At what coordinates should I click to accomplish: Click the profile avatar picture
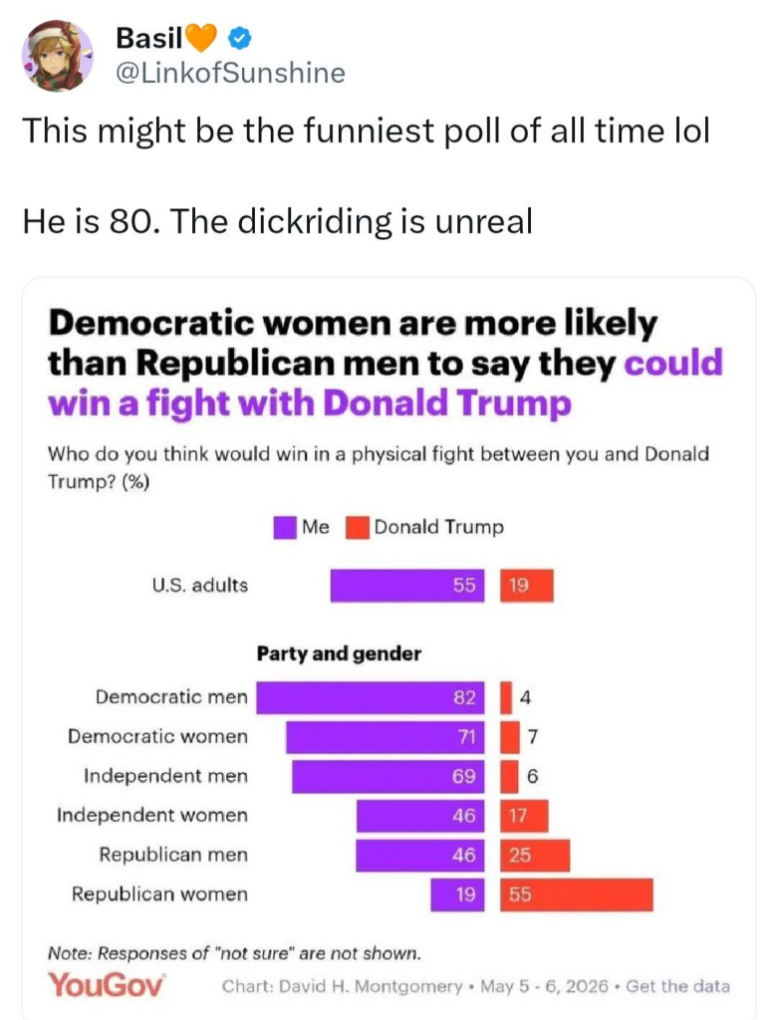pyautogui.click(x=57, y=56)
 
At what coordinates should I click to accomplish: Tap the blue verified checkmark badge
pyautogui.click(x=239, y=39)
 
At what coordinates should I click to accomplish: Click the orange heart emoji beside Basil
pyautogui.click(x=201, y=39)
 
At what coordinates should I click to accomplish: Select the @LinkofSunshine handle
pyautogui.click(x=230, y=73)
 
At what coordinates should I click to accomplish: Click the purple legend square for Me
pyautogui.click(x=284, y=528)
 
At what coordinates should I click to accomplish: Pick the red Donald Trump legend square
pyautogui.click(x=358, y=528)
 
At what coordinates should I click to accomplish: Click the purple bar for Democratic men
pyautogui.click(x=371, y=698)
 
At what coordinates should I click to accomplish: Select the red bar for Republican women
pyautogui.click(x=577, y=894)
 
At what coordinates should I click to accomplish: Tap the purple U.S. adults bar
pyautogui.click(x=407, y=586)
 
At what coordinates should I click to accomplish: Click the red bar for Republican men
pyautogui.click(x=535, y=856)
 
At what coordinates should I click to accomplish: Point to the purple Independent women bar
pyautogui.click(x=420, y=816)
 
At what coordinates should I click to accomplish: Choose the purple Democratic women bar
pyautogui.click(x=386, y=737)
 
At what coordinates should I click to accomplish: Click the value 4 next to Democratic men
pyautogui.click(x=526, y=698)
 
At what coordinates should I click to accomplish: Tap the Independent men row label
pyautogui.click(x=166, y=776)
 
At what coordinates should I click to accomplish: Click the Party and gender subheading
pyautogui.click(x=339, y=653)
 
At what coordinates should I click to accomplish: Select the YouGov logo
pyautogui.click(x=107, y=984)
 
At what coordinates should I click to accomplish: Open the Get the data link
pyautogui.click(x=677, y=987)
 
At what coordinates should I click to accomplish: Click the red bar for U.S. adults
pyautogui.click(x=527, y=586)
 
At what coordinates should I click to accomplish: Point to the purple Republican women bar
pyautogui.click(x=457, y=894)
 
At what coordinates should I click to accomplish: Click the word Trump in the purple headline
pyautogui.click(x=513, y=403)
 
